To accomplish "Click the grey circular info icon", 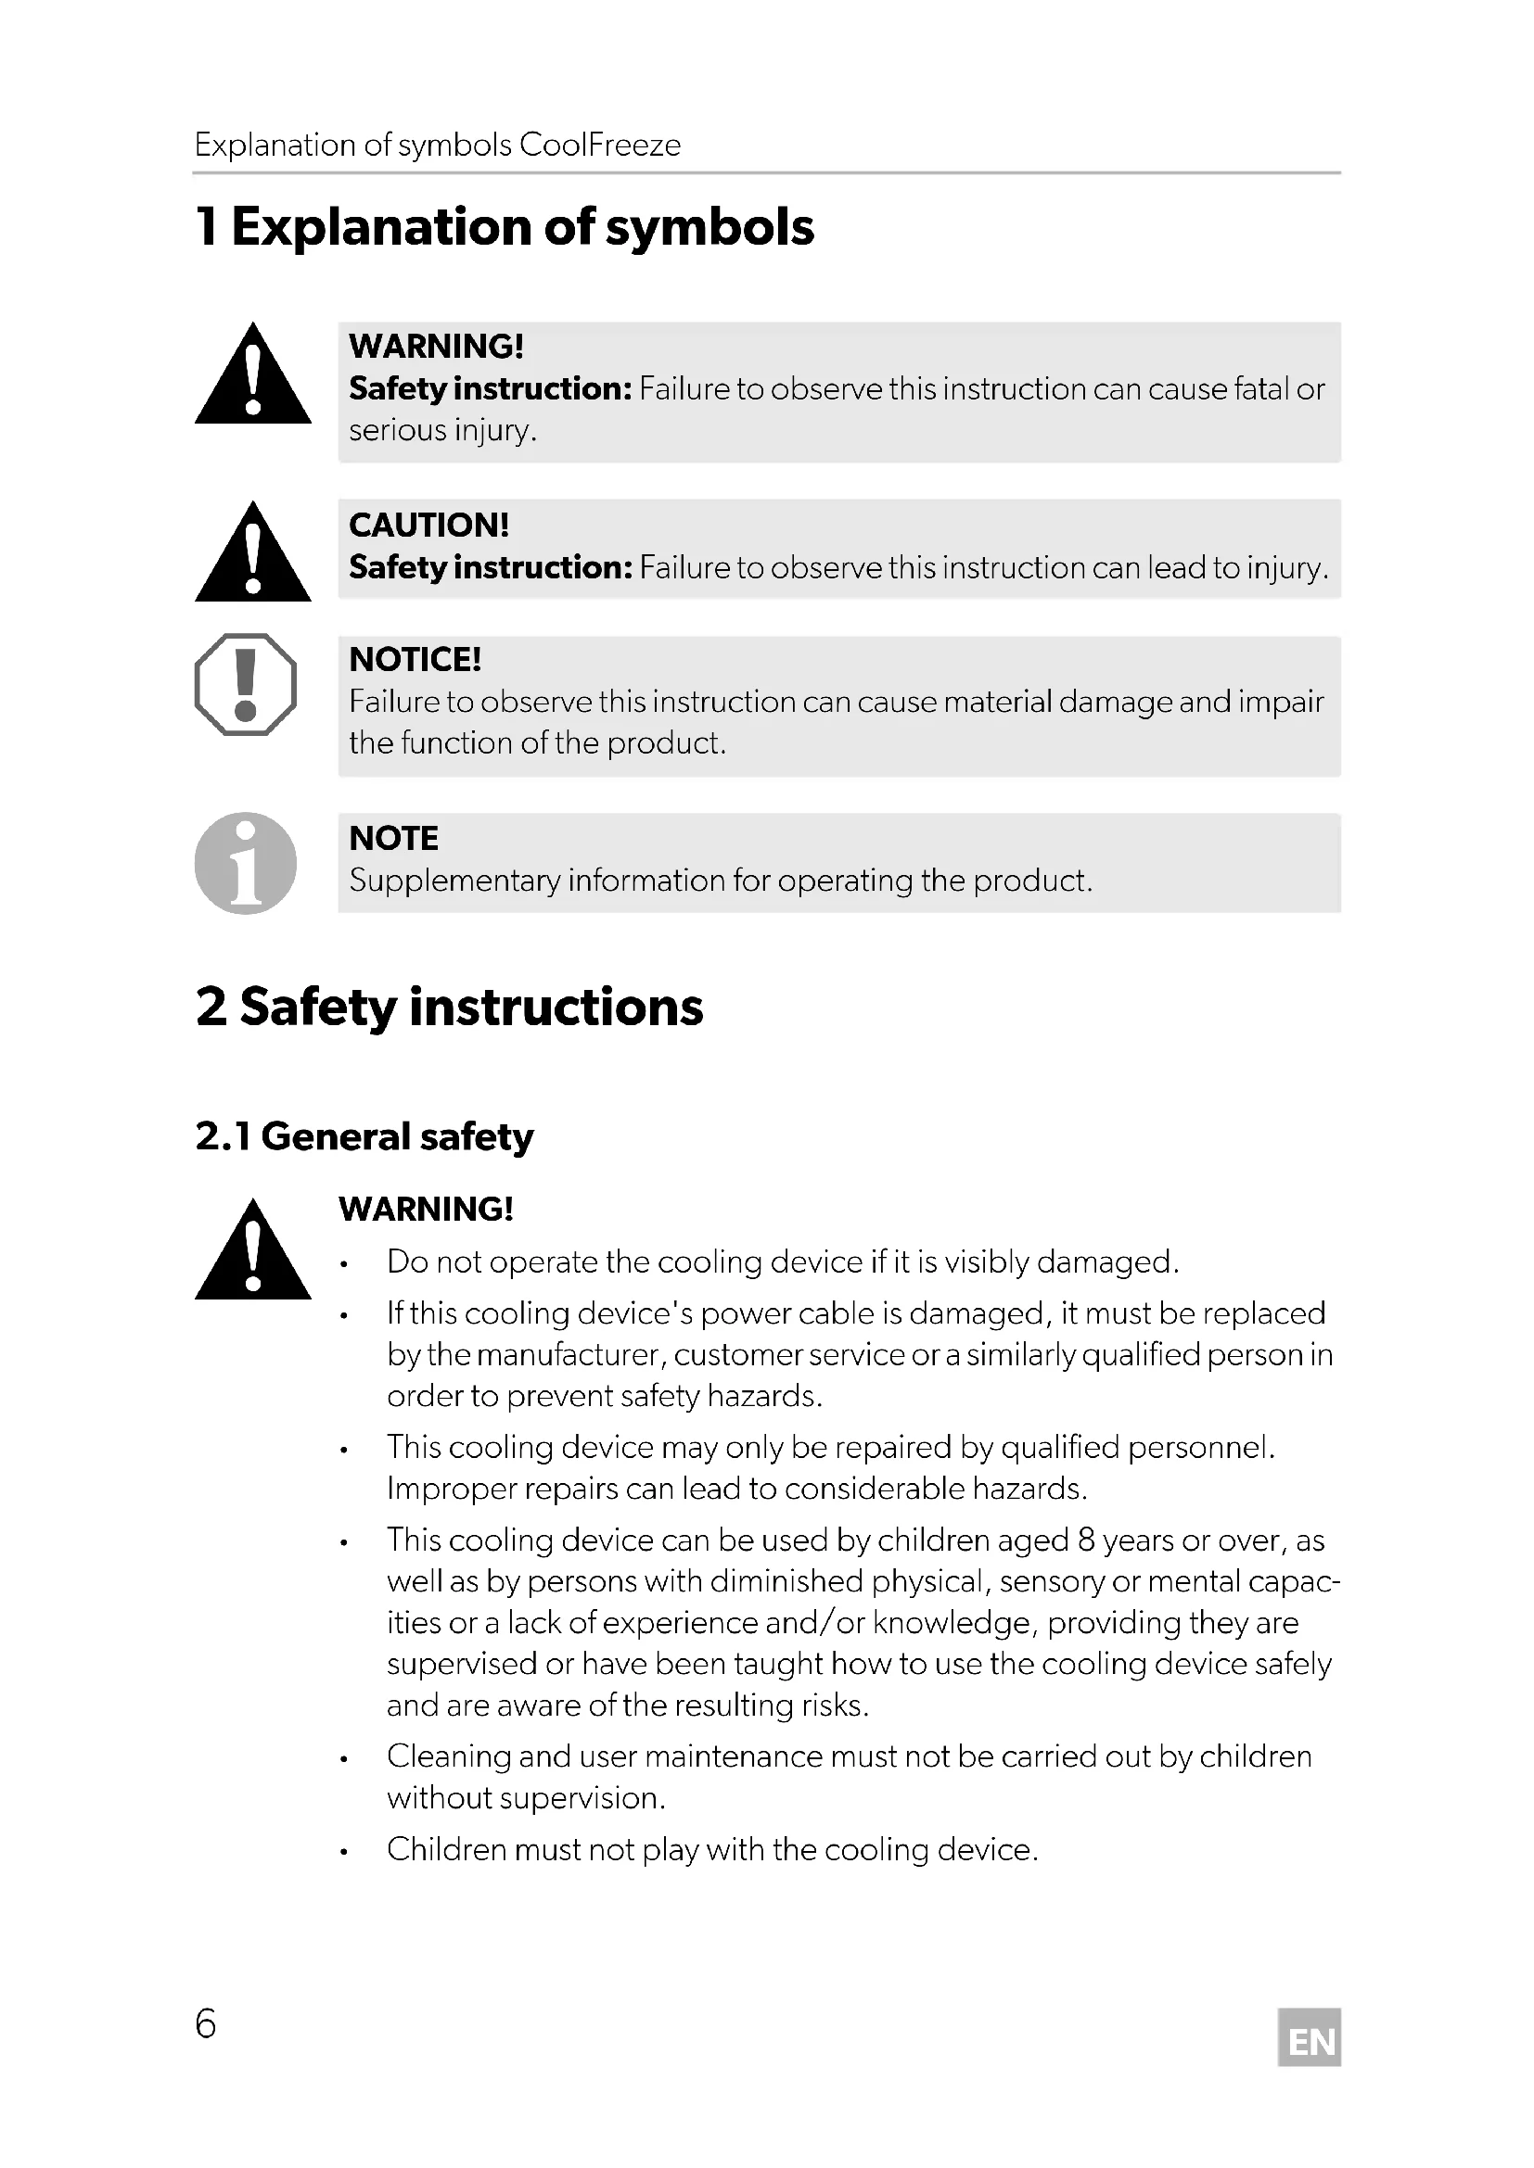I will (246, 863).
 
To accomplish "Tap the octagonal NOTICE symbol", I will (246, 684).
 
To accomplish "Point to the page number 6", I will (205, 2023).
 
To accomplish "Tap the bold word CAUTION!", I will (428, 525).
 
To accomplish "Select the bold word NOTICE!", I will (415, 659).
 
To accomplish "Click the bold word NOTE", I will (393, 839).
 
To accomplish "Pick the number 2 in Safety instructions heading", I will (211, 1007).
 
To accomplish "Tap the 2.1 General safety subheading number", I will (223, 1137).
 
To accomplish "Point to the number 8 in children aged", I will (1086, 1540).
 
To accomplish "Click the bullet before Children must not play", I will (345, 1852).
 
